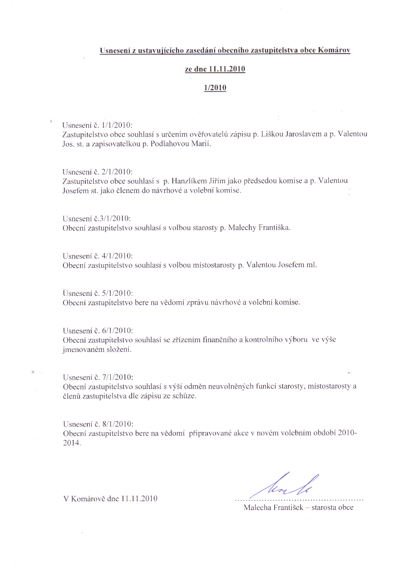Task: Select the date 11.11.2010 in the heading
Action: pos(226,69)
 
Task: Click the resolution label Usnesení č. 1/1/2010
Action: pos(98,125)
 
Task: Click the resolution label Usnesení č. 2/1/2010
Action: pos(98,172)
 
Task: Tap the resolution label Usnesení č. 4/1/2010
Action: pos(98,256)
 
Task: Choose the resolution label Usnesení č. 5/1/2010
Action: pos(98,293)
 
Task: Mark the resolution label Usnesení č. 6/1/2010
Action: pos(98,331)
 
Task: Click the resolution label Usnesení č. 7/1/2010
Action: pos(98,377)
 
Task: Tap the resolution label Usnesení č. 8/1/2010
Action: pos(98,424)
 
